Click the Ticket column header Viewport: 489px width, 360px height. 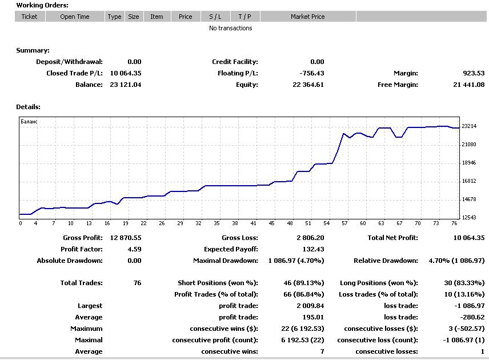(x=29, y=17)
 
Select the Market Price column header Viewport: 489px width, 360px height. (x=307, y=17)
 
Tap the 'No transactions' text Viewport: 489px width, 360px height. (x=230, y=28)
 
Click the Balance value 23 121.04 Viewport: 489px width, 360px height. (x=126, y=85)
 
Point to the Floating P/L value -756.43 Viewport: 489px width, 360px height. (x=311, y=73)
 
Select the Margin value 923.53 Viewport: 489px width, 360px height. (x=474, y=73)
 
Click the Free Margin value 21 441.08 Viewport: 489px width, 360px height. (x=468, y=85)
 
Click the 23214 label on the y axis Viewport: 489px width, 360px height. (x=469, y=126)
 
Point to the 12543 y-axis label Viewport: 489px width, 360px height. (x=469, y=218)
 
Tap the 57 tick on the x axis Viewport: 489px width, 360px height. (x=344, y=223)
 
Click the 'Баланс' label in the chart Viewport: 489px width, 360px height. (x=29, y=122)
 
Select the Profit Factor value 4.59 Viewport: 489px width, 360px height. (x=134, y=249)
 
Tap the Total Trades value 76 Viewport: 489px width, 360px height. (x=137, y=283)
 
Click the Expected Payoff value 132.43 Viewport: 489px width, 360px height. (x=313, y=249)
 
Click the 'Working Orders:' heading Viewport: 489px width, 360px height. (x=42, y=5)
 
